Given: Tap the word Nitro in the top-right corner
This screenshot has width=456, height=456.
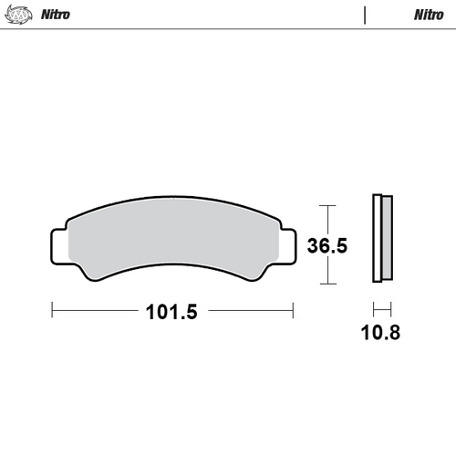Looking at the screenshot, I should (429, 15).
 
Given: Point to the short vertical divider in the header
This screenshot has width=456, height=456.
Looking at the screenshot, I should (365, 15).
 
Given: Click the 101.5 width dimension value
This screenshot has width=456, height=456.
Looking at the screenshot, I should (171, 311).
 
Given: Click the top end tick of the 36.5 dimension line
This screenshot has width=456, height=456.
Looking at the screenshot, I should (330, 204).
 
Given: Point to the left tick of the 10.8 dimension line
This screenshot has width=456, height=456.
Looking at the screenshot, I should (373, 309).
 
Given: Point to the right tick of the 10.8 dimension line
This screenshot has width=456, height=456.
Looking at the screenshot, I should (390, 309).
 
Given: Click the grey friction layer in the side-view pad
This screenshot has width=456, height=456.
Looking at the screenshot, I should (386, 239).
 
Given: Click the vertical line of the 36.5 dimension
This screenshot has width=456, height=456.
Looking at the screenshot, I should (330, 219).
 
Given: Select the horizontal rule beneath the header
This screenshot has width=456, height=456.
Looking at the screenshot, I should (228, 28).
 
